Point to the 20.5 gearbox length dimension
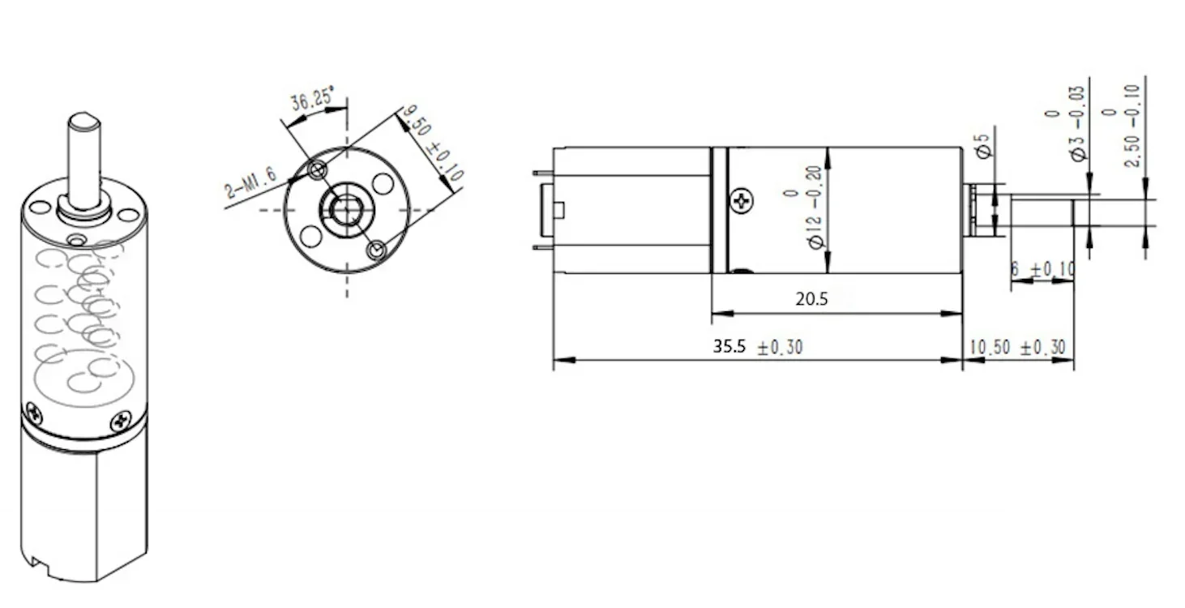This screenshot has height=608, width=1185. coord(811,299)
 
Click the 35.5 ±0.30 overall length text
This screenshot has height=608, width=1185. coord(757,347)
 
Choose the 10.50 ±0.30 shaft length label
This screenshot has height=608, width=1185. coord(1017,348)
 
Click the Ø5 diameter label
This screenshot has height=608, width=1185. coord(983,146)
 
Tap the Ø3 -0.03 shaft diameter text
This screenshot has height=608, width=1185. coord(1064,123)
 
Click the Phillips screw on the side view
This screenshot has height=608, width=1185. coord(742,200)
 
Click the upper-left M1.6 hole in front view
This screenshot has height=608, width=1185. coord(318,170)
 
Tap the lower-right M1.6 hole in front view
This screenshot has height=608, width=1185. coord(376,250)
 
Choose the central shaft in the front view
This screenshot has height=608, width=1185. coord(347,210)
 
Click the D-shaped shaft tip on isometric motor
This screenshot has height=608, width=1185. coord(83,122)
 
